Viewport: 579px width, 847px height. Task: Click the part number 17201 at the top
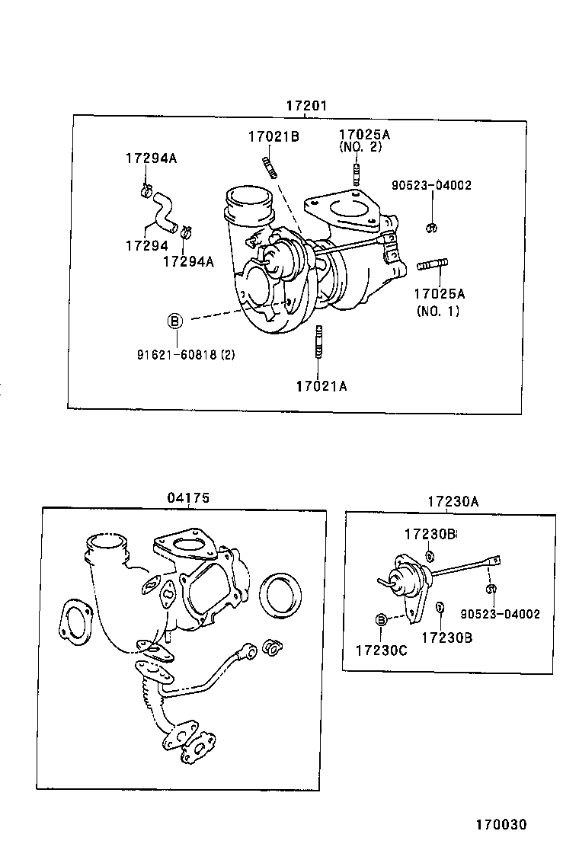(306, 106)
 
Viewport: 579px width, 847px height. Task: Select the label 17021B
(273, 137)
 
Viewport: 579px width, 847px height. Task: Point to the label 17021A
(321, 386)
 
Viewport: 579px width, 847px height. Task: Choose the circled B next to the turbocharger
(174, 321)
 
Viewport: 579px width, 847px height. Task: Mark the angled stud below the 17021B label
(270, 167)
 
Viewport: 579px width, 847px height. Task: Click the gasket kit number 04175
(188, 498)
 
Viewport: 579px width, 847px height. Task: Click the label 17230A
(453, 501)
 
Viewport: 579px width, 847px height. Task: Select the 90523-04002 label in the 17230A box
(500, 614)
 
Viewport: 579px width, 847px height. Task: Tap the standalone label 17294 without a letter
(146, 245)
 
